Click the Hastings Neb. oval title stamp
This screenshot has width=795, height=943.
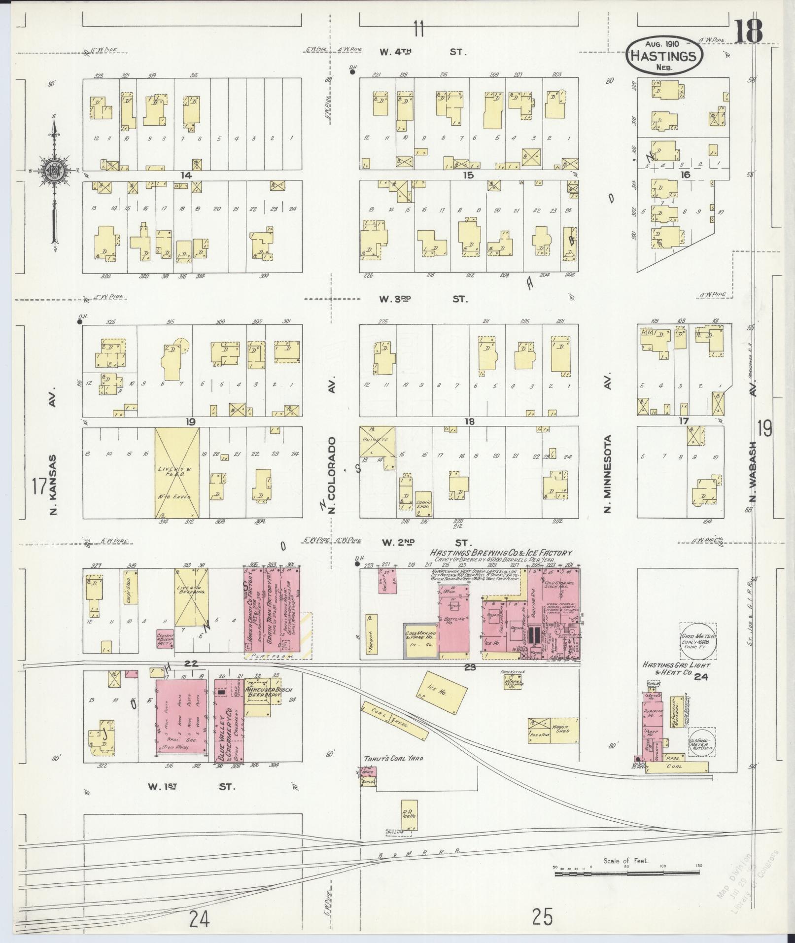pyautogui.click(x=664, y=55)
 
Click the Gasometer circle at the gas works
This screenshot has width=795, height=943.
pyautogui.click(x=697, y=640)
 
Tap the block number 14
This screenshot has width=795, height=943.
pyautogui.click(x=185, y=175)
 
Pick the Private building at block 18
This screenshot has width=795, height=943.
pyautogui.click(x=378, y=441)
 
